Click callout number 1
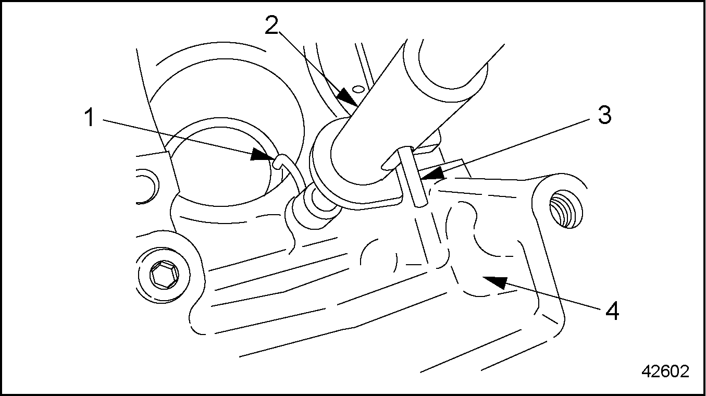[x=89, y=118]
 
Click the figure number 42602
[x=665, y=371]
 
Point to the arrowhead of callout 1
[x=264, y=155]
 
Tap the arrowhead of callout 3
[x=432, y=173]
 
